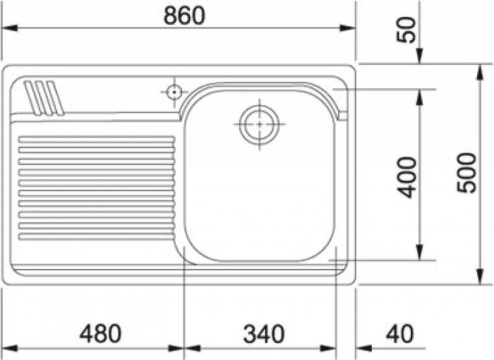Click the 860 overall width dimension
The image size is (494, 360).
(x=184, y=16)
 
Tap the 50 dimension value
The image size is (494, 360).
(x=406, y=30)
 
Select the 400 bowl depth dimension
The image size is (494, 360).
(x=406, y=177)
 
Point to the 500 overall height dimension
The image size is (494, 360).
(x=466, y=172)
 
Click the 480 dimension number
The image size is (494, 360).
(x=100, y=333)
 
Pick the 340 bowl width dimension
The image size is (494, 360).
(x=264, y=334)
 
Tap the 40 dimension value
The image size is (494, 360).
(x=400, y=333)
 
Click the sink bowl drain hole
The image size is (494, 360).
(x=259, y=124)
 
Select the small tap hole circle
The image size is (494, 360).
(x=174, y=92)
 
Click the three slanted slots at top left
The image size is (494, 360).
(x=44, y=97)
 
